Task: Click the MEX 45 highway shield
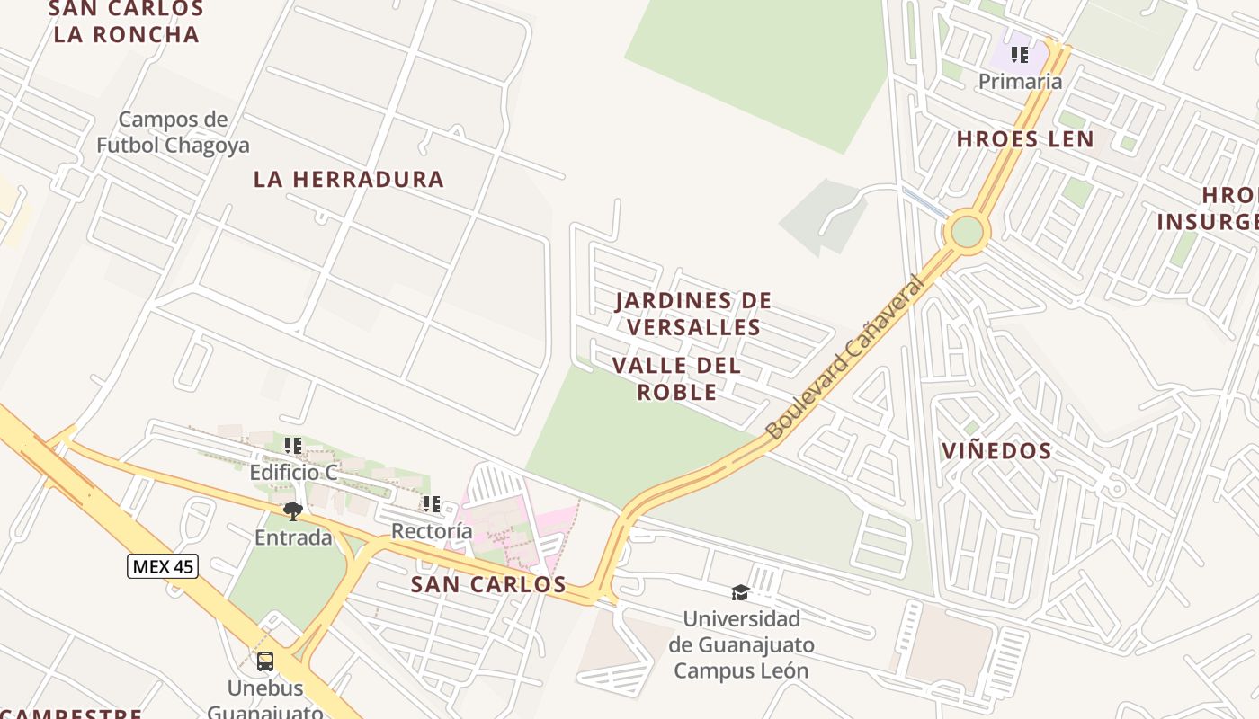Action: tap(162, 566)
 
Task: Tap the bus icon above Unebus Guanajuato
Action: tap(265, 661)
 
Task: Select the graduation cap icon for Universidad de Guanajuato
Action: tap(740, 592)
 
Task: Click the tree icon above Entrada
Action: tap(292, 511)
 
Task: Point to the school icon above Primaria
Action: tap(1020, 55)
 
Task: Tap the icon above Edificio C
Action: tap(293, 446)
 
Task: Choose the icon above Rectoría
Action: tap(432, 504)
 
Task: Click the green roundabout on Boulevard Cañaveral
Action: tap(967, 231)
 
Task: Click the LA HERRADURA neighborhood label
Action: tap(349, 179)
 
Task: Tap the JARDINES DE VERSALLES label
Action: tap(693, 313)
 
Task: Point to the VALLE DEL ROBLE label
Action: tap(677, 378)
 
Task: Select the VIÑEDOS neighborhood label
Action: tap(996, 451)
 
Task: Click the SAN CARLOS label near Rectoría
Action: tap(488, 584)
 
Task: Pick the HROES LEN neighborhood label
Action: tap(1025, 139)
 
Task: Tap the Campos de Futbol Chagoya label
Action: tap(173, 132)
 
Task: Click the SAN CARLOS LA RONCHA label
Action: tap(126, 22)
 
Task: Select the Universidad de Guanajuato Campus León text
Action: tap(741, 644)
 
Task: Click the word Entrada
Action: tap(293, 537)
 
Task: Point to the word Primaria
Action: tap(1020, 82)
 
